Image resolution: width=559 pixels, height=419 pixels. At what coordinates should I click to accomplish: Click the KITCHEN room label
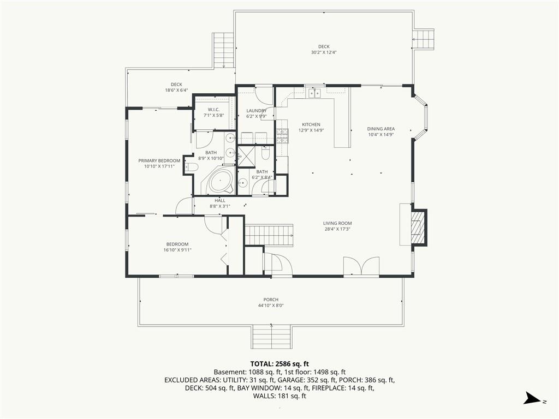pyautogui.click(x=311, y=124)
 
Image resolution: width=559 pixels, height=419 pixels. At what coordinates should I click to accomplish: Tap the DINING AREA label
pyautogui.click(x=380, y=129)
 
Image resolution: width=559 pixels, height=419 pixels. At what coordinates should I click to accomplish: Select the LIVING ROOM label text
pyautogui.click(x=337, y=223)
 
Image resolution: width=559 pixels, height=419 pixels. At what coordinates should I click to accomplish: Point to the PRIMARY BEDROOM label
pyautogui.click(x=159, y=161)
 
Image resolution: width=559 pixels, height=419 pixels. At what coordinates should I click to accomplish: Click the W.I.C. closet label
pyautogui.click(x=213, y=109)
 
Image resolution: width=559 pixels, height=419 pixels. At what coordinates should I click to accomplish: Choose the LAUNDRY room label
pyautogui.click(x=257, y=111)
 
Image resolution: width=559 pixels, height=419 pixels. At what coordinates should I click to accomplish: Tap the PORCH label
pyautogui.click(x=271, y=300)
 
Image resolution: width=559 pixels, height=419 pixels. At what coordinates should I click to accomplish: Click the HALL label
pyautogui.click(x=220, y=201)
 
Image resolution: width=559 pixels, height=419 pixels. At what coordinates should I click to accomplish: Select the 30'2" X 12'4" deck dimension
pyautogui.click(x=324, y=52)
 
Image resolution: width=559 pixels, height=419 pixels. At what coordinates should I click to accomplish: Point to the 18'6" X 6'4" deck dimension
pyautogui.click(x=176, y=91)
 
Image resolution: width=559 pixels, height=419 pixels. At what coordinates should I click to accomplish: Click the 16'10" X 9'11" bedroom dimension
pyautogui.click(x=177, y=250)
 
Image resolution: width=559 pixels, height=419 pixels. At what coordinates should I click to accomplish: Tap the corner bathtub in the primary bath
pyautogui.click(x=221, y=182)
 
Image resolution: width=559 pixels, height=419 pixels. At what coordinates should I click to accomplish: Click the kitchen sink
pyautogui.click(x=314, y=93)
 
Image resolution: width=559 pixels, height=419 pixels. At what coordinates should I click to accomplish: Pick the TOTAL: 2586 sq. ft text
pyautogui.click(x=279, y=364)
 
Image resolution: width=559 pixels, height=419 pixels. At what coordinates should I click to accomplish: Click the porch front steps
pyautogui.click(x=272, y=337)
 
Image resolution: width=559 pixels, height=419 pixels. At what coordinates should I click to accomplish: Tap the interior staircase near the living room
pyautogui.click(x=269, y=235)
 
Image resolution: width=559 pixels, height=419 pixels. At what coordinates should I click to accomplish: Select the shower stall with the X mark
pyautogui.click(x=246, y=156)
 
